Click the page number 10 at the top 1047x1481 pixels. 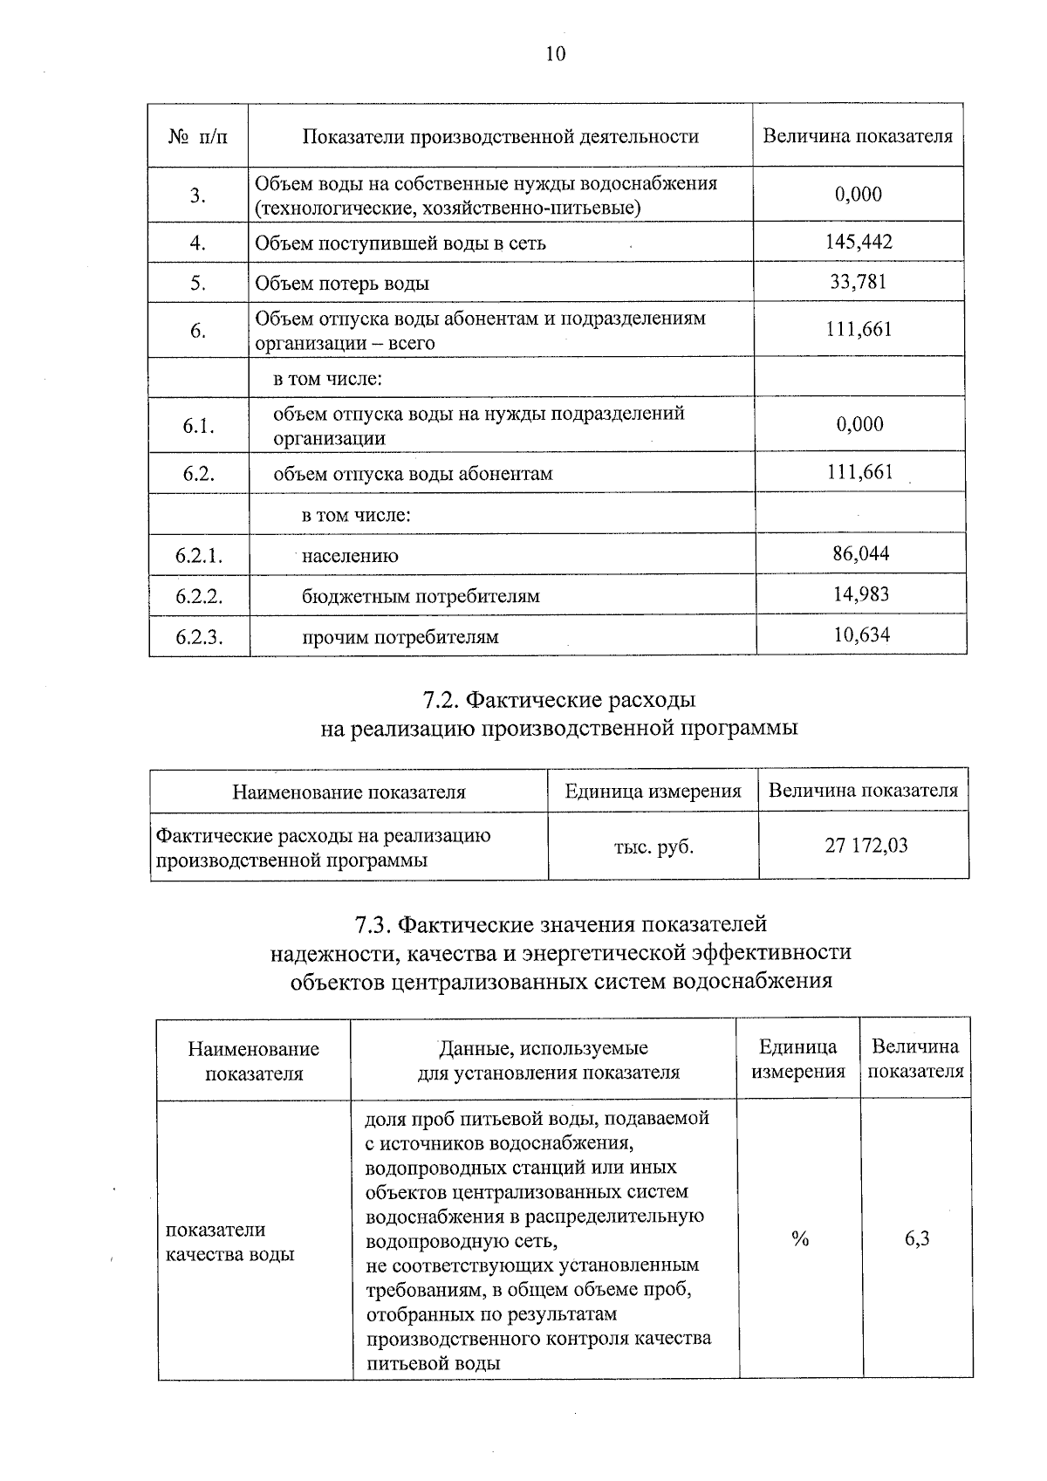coord(555,54)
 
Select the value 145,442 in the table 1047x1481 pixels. coord(859,242)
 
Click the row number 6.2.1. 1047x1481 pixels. coord(199,555)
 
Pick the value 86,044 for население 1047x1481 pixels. coord(861,553)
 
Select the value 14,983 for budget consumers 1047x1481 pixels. coord(861,594)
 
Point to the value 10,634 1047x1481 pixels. coord(861,634)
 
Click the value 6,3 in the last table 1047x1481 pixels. coord(916,1238)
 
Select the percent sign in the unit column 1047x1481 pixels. coord(799,1238)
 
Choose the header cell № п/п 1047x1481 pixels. coord(198,137)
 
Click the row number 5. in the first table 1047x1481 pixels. coord(198,283)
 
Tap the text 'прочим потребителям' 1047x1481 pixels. coord(400,637)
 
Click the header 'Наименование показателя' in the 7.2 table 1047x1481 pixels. coord(348,792)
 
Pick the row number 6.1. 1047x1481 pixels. coord(198,426)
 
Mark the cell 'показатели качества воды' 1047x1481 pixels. coord(229,1242)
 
